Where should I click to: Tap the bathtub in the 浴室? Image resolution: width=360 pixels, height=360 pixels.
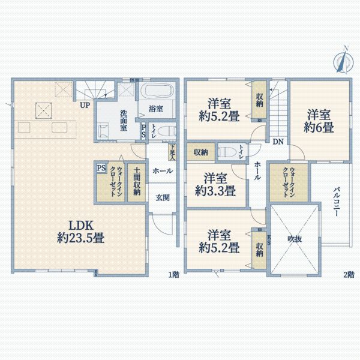coord(157,92)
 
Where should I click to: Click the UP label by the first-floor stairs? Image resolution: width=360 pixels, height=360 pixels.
coord(86,105)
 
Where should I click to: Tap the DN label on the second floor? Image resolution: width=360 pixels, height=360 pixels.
coord(278,142)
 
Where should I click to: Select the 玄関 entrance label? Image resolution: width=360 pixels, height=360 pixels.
coord(163,197)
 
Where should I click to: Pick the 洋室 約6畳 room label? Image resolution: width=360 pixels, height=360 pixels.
coord(319,120)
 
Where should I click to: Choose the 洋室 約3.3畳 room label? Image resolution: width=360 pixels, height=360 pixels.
coord(215,185)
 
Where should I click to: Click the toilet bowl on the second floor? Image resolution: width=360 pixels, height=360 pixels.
coord(226,151)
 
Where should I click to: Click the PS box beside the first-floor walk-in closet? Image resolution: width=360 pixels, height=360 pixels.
coord(100,169)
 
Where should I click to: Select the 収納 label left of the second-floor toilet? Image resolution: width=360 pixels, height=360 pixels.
coord(200,152)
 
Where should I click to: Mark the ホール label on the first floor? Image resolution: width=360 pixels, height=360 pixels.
coord(163,171)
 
